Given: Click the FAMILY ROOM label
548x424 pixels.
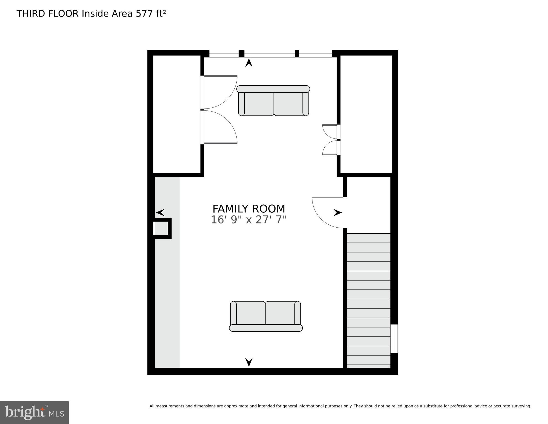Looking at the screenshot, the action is (249, 209).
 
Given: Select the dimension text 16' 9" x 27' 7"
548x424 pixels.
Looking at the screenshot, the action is (249, 220).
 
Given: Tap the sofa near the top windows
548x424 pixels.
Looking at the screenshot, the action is (273, 101).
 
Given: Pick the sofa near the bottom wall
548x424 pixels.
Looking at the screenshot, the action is (266, 316).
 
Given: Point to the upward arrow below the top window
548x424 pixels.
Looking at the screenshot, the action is (249, 63).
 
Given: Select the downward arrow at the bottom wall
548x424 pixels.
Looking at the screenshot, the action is (249, 362).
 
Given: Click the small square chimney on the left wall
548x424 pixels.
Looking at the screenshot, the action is (162, 228).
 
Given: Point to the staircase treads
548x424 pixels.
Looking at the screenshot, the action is (368, 301).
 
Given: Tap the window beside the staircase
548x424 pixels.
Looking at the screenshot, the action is (394, 339).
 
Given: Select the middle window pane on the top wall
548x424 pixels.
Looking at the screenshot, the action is (270, 54).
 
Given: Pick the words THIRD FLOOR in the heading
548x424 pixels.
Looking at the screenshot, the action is (48, 14).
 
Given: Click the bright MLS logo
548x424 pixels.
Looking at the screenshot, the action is (34, 413).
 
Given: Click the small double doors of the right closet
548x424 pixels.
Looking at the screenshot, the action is (330, 139).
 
